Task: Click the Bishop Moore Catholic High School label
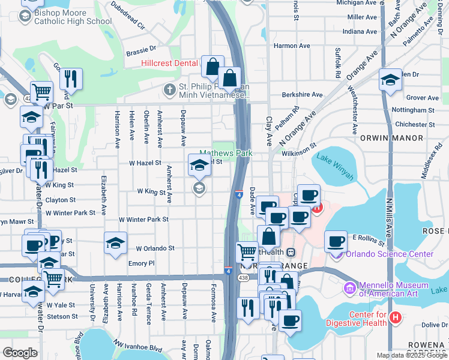pyautogui.click(x=74, y=17)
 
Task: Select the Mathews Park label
pyautogui.click(x=226, y=153)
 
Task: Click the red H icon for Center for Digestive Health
pyautogui.click(x=394, y=317)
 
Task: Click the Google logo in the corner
pyautogui.click(x=20, y=353)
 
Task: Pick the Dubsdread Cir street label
pyautogui.click(x=128, y=15)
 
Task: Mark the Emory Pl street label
pyautogui.click(x=142, y=263)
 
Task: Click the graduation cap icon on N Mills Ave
pyautogui.click(x=390, y=80)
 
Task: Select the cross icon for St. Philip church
pyautogui.click(x=170, y=90)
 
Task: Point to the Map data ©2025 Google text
pyautogui.click(x=412, y=355)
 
